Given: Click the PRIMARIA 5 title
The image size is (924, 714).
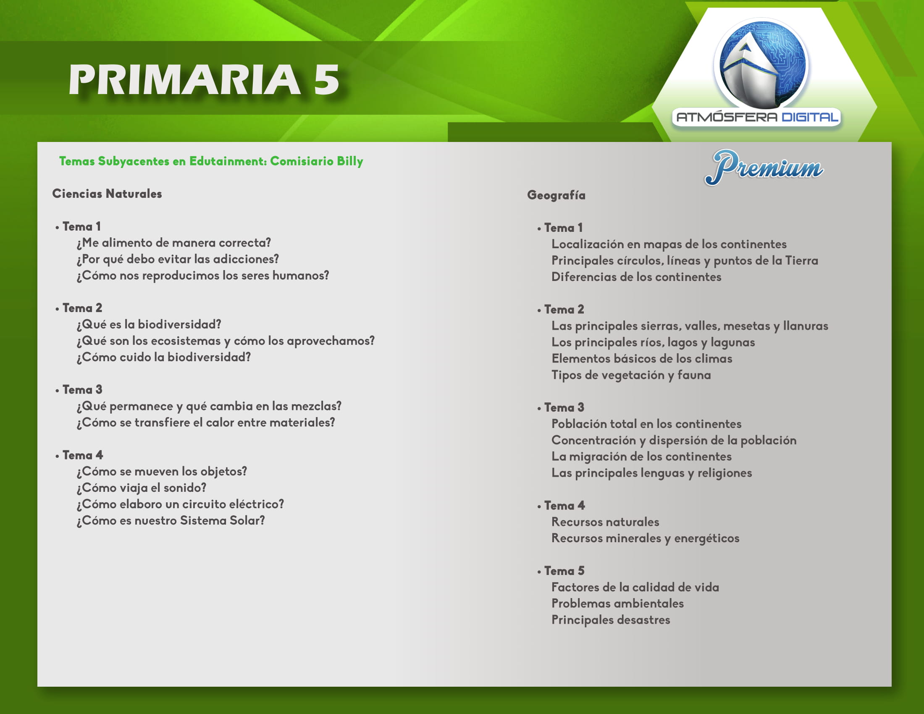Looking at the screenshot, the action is coord(204,79).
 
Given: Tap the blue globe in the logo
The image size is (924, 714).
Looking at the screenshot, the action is coord(761,63).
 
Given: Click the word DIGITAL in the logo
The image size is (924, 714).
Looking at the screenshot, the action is coord(809,117).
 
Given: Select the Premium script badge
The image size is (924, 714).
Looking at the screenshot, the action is coord(764,168).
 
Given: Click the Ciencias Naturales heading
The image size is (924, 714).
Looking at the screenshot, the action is coord(107,194).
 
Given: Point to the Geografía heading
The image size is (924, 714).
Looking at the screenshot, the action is coord(556,195).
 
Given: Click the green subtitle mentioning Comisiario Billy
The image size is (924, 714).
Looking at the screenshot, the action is coord(211,161).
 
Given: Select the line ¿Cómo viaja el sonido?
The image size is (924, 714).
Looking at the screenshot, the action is coord(141,488).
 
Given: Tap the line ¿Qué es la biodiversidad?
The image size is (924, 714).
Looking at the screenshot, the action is coord(149,324).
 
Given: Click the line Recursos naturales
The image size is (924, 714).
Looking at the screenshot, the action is coord(605,522).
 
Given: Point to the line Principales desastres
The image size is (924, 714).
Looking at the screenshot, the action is coord(611,620).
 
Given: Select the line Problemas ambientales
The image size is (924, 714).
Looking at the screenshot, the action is coord(618,604).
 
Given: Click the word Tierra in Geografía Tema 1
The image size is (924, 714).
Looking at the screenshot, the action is coord(802,260).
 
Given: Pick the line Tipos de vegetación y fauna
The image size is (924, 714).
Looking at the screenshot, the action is coord(631,375).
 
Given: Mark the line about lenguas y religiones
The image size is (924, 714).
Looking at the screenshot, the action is coord(652,473).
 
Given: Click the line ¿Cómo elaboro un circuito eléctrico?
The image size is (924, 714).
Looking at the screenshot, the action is coord(180,504).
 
